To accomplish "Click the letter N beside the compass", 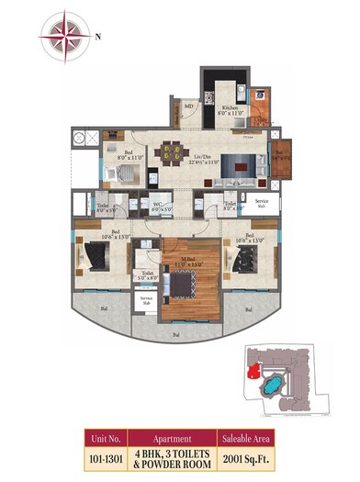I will (98, 36).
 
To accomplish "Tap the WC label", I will (157, 207).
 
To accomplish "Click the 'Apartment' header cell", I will (173, 437).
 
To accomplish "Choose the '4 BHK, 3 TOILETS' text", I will (173, 451).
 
